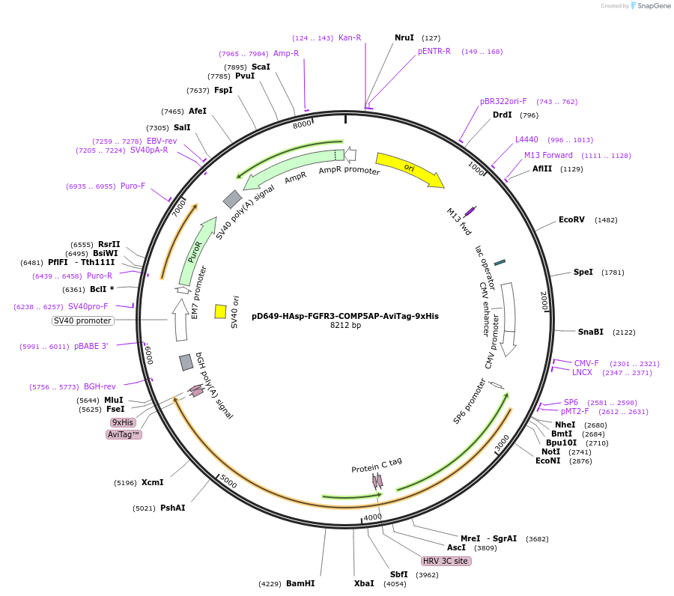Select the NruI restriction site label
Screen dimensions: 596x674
coord(404,37)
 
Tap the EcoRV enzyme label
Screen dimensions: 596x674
coord(571,220)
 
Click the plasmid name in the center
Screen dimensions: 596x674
coord(345,316)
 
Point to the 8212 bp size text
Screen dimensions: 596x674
coord(345,326)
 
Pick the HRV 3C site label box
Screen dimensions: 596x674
coord(446,561)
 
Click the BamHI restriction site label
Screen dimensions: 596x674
coord(300,583)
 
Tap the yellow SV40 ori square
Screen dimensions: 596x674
coord(220,311)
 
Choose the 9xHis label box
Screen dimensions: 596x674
coord(122,422)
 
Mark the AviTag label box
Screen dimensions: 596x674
coord(124,434)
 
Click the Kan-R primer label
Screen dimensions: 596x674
coord(350,37)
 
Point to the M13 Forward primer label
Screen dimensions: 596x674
coord(548,156)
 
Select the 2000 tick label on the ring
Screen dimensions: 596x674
coord(544,301)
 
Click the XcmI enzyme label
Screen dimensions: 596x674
coord(152,482)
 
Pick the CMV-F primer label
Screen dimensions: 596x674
coord(586,363)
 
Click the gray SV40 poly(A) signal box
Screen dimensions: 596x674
coord(232,198)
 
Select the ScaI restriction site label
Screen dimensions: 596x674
coord(261,67)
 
